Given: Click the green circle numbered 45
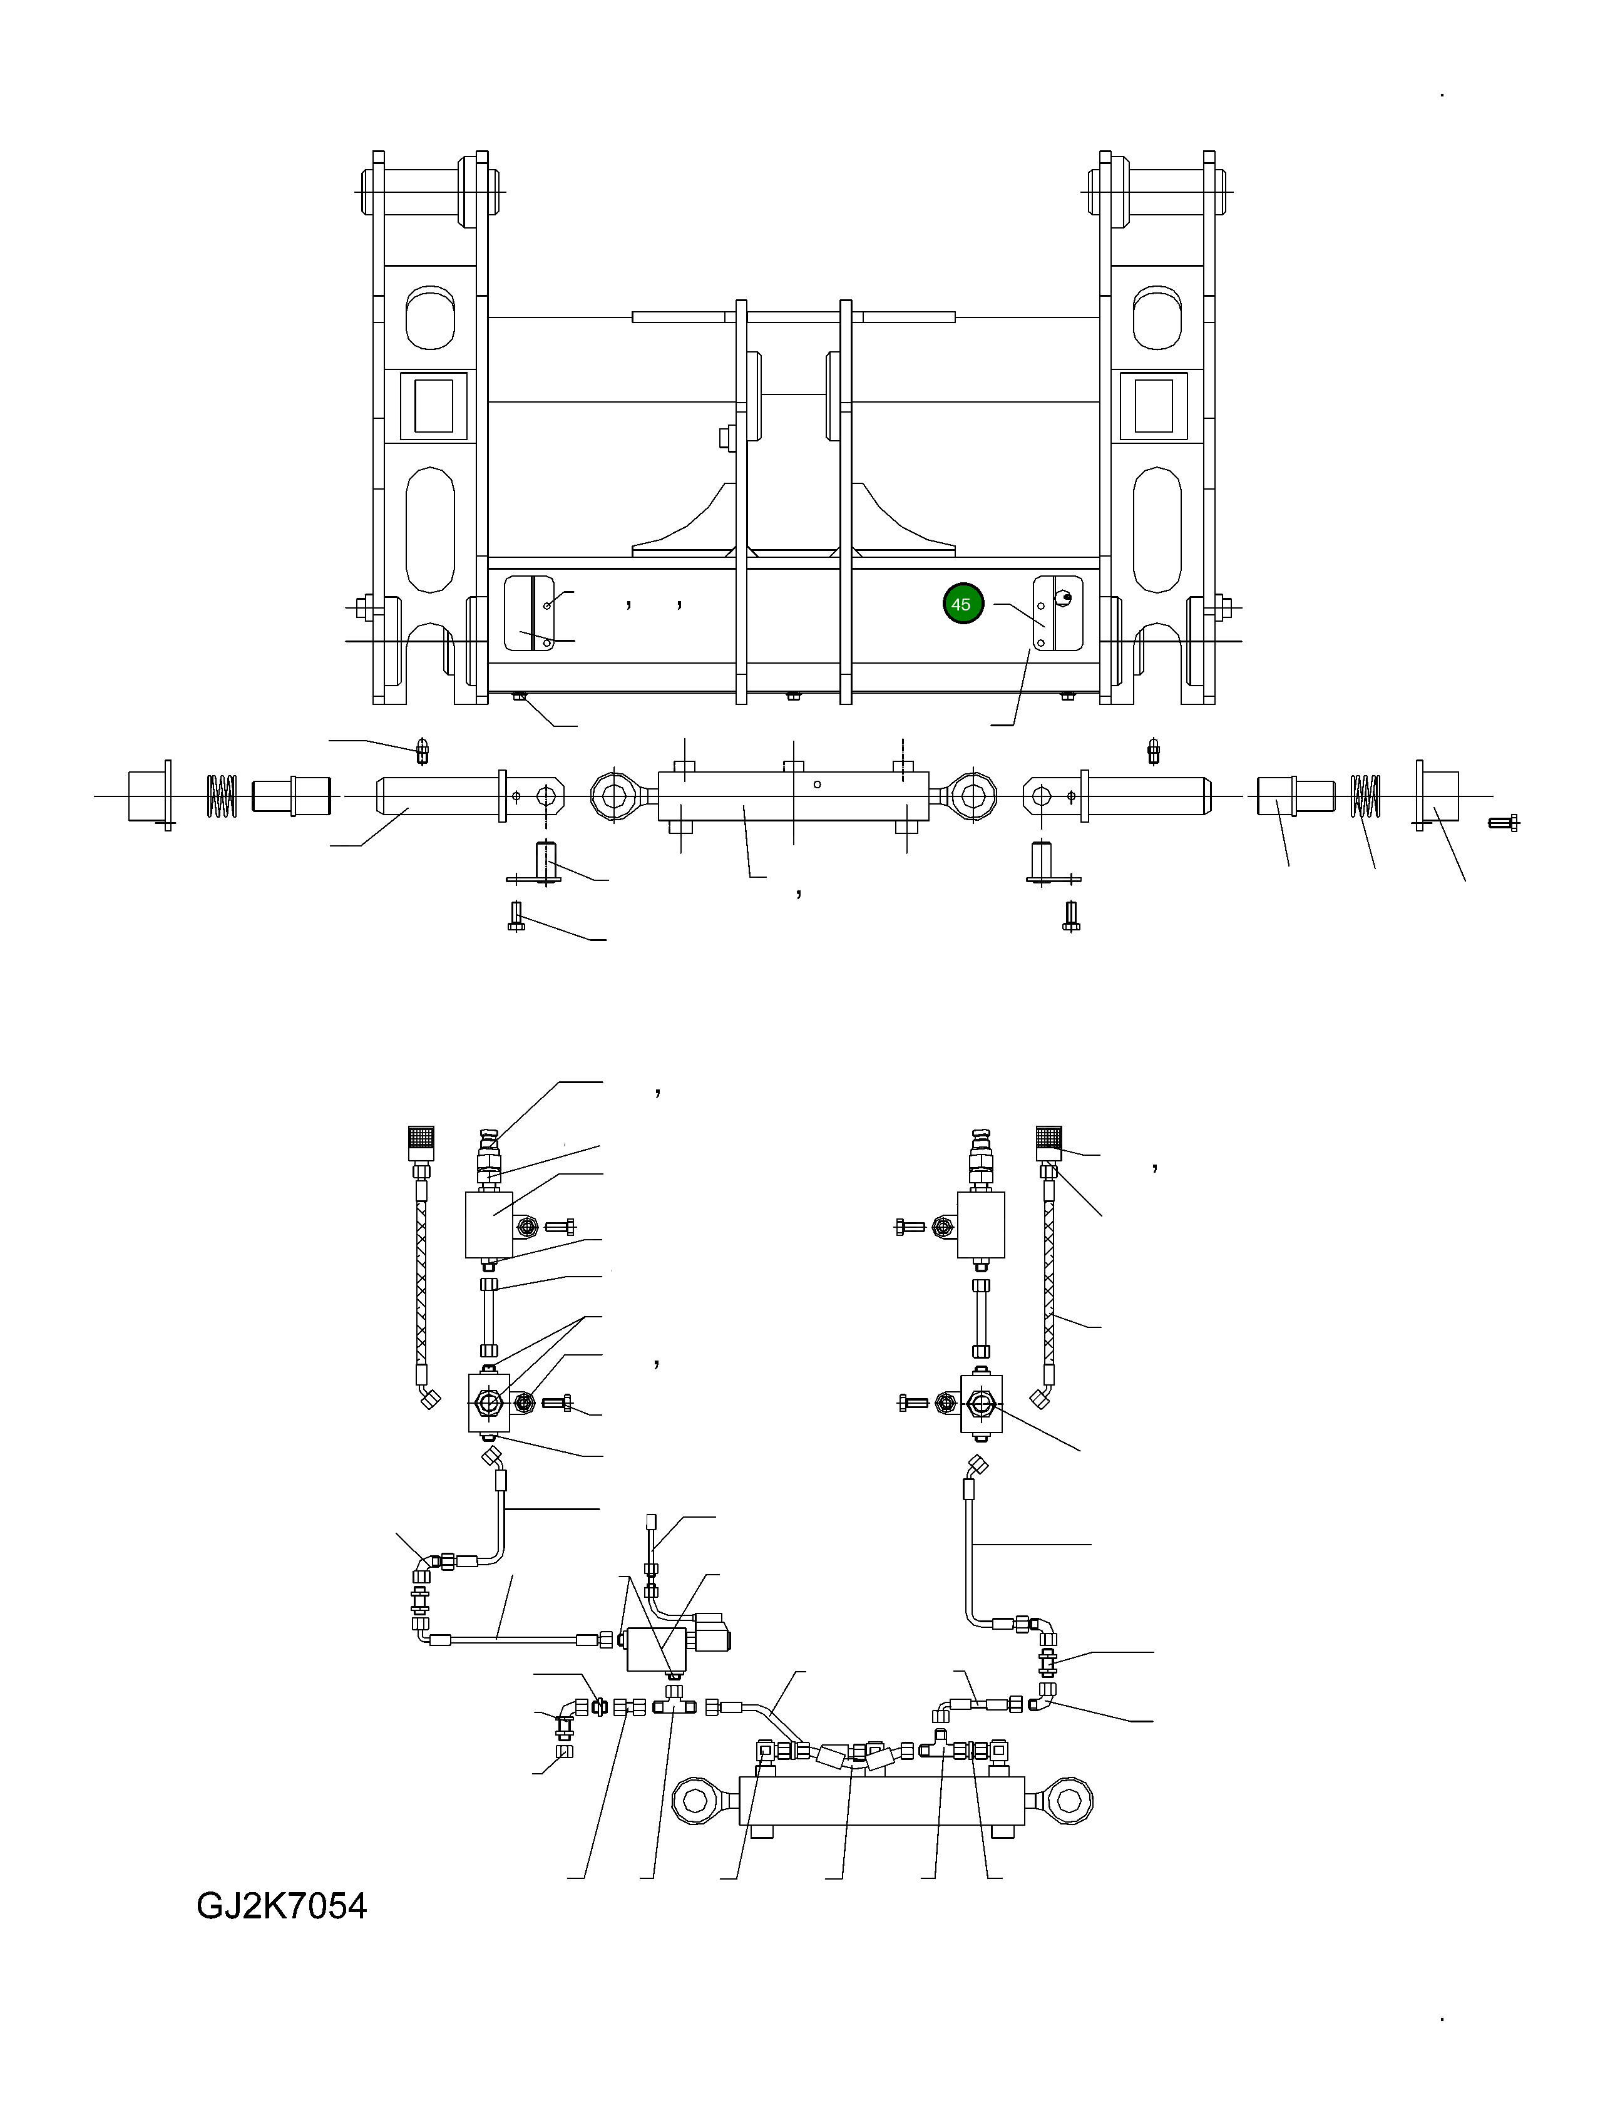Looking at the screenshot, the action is [x=962, y=604].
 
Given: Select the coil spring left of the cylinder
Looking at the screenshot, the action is [x=222, y=796].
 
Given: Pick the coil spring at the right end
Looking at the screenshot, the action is [x=1365, y=796].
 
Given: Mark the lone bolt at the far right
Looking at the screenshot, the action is [x=1504, y=823].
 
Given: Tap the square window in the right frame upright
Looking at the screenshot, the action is [x=1154, y=406].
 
